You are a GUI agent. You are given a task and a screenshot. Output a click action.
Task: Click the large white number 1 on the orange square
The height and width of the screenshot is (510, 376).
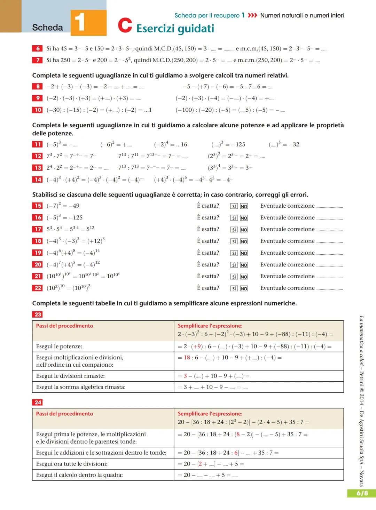coord(80,22)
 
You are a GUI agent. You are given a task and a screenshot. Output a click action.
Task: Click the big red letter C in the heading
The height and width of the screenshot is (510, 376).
coord(125,25)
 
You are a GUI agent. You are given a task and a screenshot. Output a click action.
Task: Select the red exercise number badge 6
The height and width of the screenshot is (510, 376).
coord(37,48)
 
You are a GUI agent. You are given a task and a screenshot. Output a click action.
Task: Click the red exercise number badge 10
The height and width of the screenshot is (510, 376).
coord(37,110)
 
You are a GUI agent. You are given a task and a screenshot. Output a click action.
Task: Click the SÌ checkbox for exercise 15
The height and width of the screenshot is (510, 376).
coord(234,206)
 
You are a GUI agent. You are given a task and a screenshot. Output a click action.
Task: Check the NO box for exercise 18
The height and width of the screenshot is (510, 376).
coord(244,241)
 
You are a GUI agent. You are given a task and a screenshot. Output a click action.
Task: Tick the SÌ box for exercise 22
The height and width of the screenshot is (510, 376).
coord(234,288)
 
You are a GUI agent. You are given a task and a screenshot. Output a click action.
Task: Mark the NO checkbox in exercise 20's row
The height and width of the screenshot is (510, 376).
coord(244,265)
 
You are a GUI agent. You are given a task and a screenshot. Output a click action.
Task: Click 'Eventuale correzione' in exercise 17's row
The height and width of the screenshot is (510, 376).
coord(287,229)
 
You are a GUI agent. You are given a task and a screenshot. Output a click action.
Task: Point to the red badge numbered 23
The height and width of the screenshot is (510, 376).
coord(38,314)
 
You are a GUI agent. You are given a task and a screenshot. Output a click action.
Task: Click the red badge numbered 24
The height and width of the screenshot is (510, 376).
coord(38,403)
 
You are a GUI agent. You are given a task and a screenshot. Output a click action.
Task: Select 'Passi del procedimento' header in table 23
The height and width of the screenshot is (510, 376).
coord(64,326)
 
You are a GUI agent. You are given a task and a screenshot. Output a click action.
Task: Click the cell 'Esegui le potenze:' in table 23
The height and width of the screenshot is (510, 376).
coord(59,346)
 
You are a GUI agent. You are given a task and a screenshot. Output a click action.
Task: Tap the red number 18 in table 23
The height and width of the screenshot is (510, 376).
coord(187,358)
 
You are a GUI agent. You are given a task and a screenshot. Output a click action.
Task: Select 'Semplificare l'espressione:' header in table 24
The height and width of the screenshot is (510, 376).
coord(210,414)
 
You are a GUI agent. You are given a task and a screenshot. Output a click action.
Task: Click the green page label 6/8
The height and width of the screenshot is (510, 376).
coord(362,493)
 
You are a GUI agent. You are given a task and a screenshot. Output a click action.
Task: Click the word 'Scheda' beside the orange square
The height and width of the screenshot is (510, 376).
coord(47,27)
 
